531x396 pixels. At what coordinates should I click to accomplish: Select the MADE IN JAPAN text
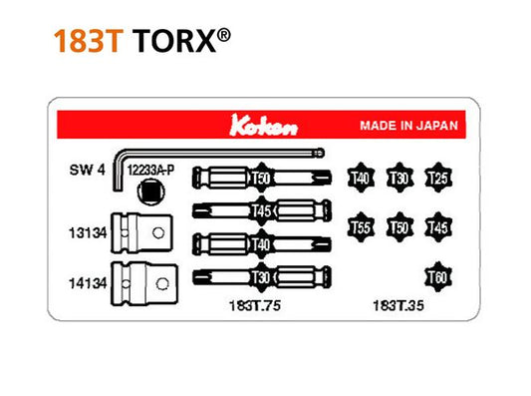click(x=408, y=127)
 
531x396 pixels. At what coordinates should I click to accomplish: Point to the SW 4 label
click(x=88, y=171)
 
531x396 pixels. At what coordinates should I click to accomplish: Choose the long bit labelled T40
click(x=263, y=242)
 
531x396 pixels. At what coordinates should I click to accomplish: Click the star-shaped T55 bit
click(x=361, y=227)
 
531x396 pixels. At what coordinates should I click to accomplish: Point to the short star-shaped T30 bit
click(x=398, y=178)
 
